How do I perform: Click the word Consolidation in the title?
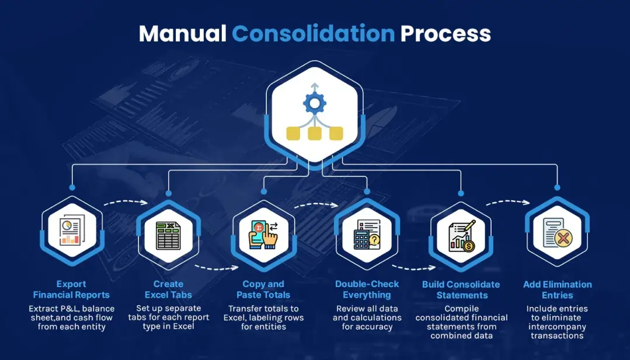[313, 34]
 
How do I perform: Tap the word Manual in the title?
[182, 34]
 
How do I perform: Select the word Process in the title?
[445, 34]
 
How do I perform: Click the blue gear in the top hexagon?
[315, 103]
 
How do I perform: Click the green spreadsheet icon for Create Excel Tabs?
[168, 236]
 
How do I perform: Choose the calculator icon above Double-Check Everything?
[366, 236]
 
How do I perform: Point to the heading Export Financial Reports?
[71, 289]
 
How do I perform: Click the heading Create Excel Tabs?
[168, 289]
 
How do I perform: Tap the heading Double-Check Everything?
[367, 289]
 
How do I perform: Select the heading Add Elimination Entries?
[557, 289]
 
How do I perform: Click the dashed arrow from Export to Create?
[126, 203]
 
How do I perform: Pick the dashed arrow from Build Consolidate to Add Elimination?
[507, 203]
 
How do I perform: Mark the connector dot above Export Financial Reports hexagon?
[72, 187]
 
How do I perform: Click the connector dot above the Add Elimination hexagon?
[557, 187]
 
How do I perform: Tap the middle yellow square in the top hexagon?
[315, 134]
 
